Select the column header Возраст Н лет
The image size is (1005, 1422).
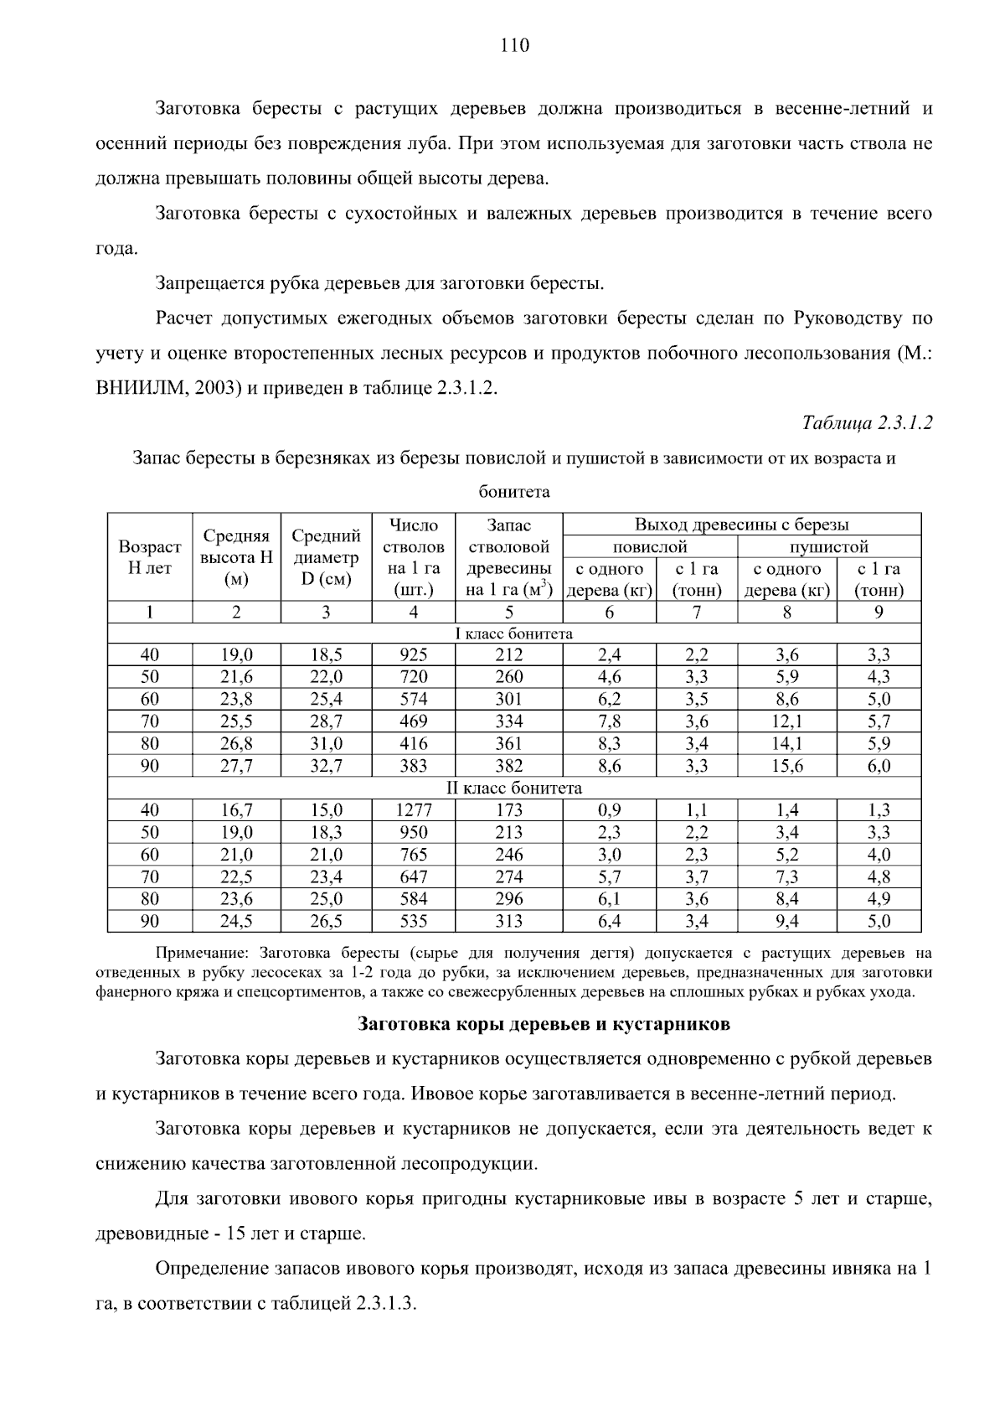[150, 557]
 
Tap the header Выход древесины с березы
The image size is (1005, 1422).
[741, 525]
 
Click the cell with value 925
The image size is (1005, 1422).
[414, 654]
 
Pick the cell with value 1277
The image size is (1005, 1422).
[414, 810]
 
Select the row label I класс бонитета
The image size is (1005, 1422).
[513, 633]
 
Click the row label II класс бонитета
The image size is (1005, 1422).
[513, 789]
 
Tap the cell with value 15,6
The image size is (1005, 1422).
[786, 766]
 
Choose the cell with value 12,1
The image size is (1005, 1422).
[786, 721]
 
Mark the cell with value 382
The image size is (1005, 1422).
[508, 766]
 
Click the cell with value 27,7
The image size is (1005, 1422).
[236, 766]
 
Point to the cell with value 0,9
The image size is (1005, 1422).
[609, 810]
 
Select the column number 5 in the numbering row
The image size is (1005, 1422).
[508, 613]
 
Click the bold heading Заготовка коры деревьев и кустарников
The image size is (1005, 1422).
[544, 1024]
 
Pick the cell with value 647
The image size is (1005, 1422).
[414, 877]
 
